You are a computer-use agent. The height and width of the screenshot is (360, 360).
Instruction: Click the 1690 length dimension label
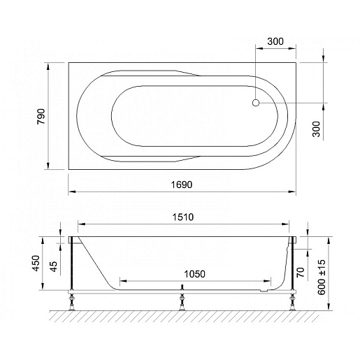coord(182,185)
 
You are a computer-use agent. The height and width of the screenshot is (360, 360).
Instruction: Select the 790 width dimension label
coord(41,116)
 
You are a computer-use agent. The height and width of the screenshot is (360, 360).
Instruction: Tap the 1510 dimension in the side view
coord(183,217)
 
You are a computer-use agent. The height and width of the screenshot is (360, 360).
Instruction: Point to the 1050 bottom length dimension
coord(194,274)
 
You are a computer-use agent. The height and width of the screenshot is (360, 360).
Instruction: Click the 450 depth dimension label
coord(36,264)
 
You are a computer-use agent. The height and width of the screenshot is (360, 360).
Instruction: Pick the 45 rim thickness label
coord(53,266)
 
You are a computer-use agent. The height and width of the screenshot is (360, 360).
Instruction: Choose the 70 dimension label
coord(301,272)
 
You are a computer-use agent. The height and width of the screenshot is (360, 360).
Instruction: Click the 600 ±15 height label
coord(322,278)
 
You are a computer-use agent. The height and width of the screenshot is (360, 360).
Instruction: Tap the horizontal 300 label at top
coord(275,41)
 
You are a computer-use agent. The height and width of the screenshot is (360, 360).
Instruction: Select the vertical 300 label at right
coord(316,129)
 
